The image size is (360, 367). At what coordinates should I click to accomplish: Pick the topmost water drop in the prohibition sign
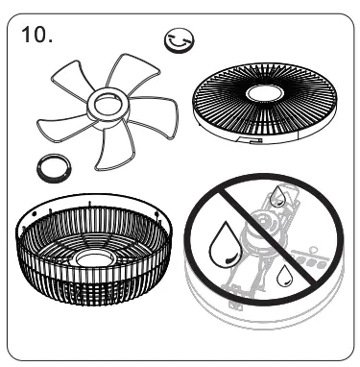tap(276, 197)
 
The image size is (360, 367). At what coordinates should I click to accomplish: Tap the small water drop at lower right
tap(285, 277)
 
